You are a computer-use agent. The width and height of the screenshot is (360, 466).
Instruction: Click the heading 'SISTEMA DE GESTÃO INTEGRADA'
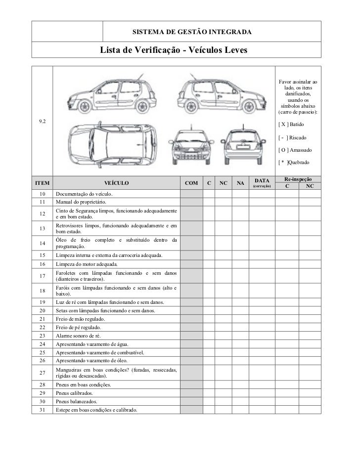point(192,33)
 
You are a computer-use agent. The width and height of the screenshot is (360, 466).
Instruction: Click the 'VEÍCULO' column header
point(116,183)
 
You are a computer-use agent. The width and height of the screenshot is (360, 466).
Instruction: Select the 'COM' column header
point(191,183)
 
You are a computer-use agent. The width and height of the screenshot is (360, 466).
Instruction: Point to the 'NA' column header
point(240,183)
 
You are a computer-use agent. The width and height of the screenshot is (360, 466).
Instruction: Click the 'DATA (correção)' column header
point(262,183)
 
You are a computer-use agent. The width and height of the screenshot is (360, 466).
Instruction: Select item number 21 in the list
point(42,319)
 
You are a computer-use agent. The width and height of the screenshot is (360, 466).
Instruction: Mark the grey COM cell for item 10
point(191,194)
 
